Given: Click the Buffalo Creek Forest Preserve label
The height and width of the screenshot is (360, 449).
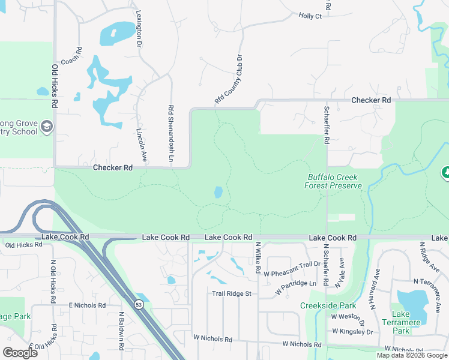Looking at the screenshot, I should click(334, 181).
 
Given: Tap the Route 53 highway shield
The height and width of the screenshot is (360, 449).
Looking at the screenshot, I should click(139, 305).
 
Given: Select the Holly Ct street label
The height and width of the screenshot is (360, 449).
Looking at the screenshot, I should click(310, 16).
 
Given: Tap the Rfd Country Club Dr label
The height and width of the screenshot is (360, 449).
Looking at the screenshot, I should click(228, 80).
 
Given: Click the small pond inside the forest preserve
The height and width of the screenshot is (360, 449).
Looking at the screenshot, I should click(218, 193).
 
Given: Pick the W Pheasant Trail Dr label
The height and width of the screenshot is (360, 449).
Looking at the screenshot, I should click(292, 265).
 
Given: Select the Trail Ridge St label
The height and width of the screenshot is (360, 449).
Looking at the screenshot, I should click(231, 293).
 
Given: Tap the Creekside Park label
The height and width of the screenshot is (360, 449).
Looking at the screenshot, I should click(328, 305).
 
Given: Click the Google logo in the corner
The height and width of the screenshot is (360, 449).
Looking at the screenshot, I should click(20, 352).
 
